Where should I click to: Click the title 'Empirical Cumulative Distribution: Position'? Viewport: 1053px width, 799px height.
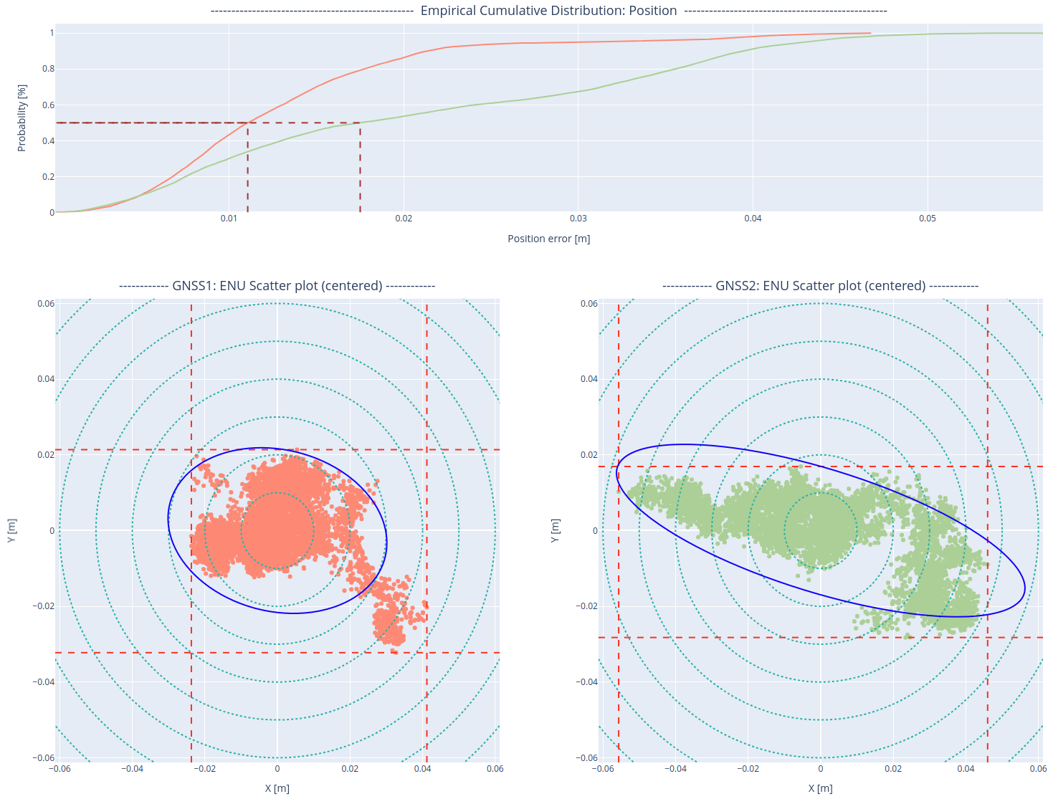[x=548, y=11]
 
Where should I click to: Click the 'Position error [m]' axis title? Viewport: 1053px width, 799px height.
[x=548, y=239]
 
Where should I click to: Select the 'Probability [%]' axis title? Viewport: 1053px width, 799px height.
[x=22, y=118]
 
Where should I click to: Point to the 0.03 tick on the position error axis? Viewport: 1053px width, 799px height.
[x=578, y=219]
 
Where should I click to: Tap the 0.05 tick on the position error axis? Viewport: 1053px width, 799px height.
[x=928, y=219]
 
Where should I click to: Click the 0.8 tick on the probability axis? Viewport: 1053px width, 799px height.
[x=48, y=69]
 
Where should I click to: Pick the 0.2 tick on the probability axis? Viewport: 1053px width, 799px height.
[x=48, y=177]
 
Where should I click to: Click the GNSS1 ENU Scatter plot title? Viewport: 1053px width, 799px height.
[x=277, y=286]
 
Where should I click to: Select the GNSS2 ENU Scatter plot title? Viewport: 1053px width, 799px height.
[x=820, y=286]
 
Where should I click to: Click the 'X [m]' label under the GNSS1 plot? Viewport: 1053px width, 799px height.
[x=277, y=788]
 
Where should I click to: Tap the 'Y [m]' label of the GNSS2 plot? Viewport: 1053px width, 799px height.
[x=555, y=530]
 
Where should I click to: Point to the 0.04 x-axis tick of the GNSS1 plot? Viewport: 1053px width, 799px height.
[x=422, y=769]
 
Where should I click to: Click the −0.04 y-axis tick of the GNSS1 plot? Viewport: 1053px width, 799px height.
[x=45, y=681]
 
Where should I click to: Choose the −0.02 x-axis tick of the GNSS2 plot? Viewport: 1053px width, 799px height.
[x=748, y=769]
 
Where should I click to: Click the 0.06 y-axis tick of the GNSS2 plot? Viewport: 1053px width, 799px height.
[x=589, y=304]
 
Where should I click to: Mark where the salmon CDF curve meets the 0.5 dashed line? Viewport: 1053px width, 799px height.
[x=248, y=123]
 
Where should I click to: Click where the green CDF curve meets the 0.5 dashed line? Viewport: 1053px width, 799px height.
[x=360, y=123]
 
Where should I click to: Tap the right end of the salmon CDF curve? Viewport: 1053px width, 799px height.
[x=870, y=33]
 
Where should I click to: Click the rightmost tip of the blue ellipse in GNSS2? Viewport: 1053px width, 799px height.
[x=1025, y=589]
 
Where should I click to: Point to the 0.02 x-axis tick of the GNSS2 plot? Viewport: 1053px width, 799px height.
[x=893, y=769]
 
